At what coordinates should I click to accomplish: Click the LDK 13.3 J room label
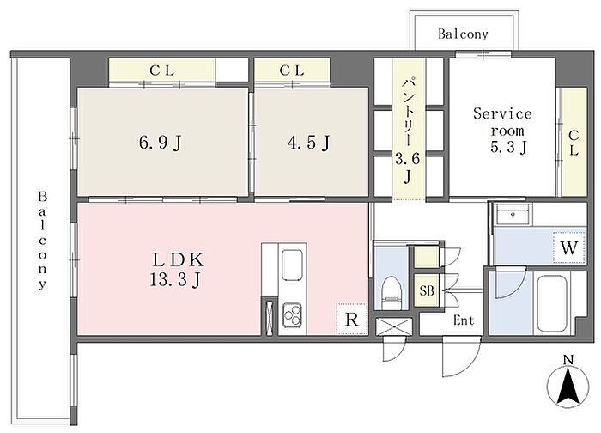176,270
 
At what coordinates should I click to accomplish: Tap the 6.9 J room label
160,143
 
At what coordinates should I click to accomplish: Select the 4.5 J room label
308,143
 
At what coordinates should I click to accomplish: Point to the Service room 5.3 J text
502,131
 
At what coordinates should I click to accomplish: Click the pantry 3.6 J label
408,131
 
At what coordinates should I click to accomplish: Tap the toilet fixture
392,287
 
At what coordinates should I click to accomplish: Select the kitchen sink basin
292,265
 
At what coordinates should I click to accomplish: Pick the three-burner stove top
292,315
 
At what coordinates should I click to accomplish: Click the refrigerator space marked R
351,319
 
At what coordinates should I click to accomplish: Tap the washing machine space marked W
569,247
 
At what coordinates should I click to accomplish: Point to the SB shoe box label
427,290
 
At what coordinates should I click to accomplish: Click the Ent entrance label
464,320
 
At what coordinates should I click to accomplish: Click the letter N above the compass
568,360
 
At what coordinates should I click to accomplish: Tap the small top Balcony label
463,34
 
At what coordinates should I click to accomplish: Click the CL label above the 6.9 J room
161,70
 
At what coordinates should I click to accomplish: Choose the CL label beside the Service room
574,143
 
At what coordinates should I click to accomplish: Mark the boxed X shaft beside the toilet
394,327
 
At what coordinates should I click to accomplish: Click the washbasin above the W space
513,215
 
